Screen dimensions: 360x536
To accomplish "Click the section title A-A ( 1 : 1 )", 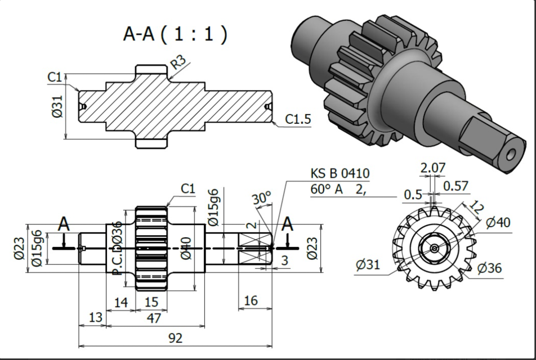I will (175, 34).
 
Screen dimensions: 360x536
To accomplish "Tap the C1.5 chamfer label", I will (298, 119).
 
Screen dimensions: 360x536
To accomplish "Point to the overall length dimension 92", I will (175, 338).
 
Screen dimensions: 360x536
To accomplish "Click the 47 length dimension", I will (154, 318).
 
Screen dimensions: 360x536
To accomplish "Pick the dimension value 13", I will (96, 318).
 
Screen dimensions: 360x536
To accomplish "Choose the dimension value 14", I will (121, 303).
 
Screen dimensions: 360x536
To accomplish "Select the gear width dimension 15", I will (151, 303).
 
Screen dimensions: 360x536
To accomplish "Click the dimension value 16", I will (251, 301).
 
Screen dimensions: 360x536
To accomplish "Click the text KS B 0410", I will (340, 174).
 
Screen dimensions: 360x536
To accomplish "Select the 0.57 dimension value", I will (456, 186).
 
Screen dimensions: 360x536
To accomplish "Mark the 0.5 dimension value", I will (413, 194).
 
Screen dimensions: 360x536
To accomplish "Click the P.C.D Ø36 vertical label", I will (117, 247).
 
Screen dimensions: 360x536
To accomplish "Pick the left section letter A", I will (64, 224).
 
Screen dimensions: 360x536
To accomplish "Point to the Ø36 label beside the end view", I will (489, 268).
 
